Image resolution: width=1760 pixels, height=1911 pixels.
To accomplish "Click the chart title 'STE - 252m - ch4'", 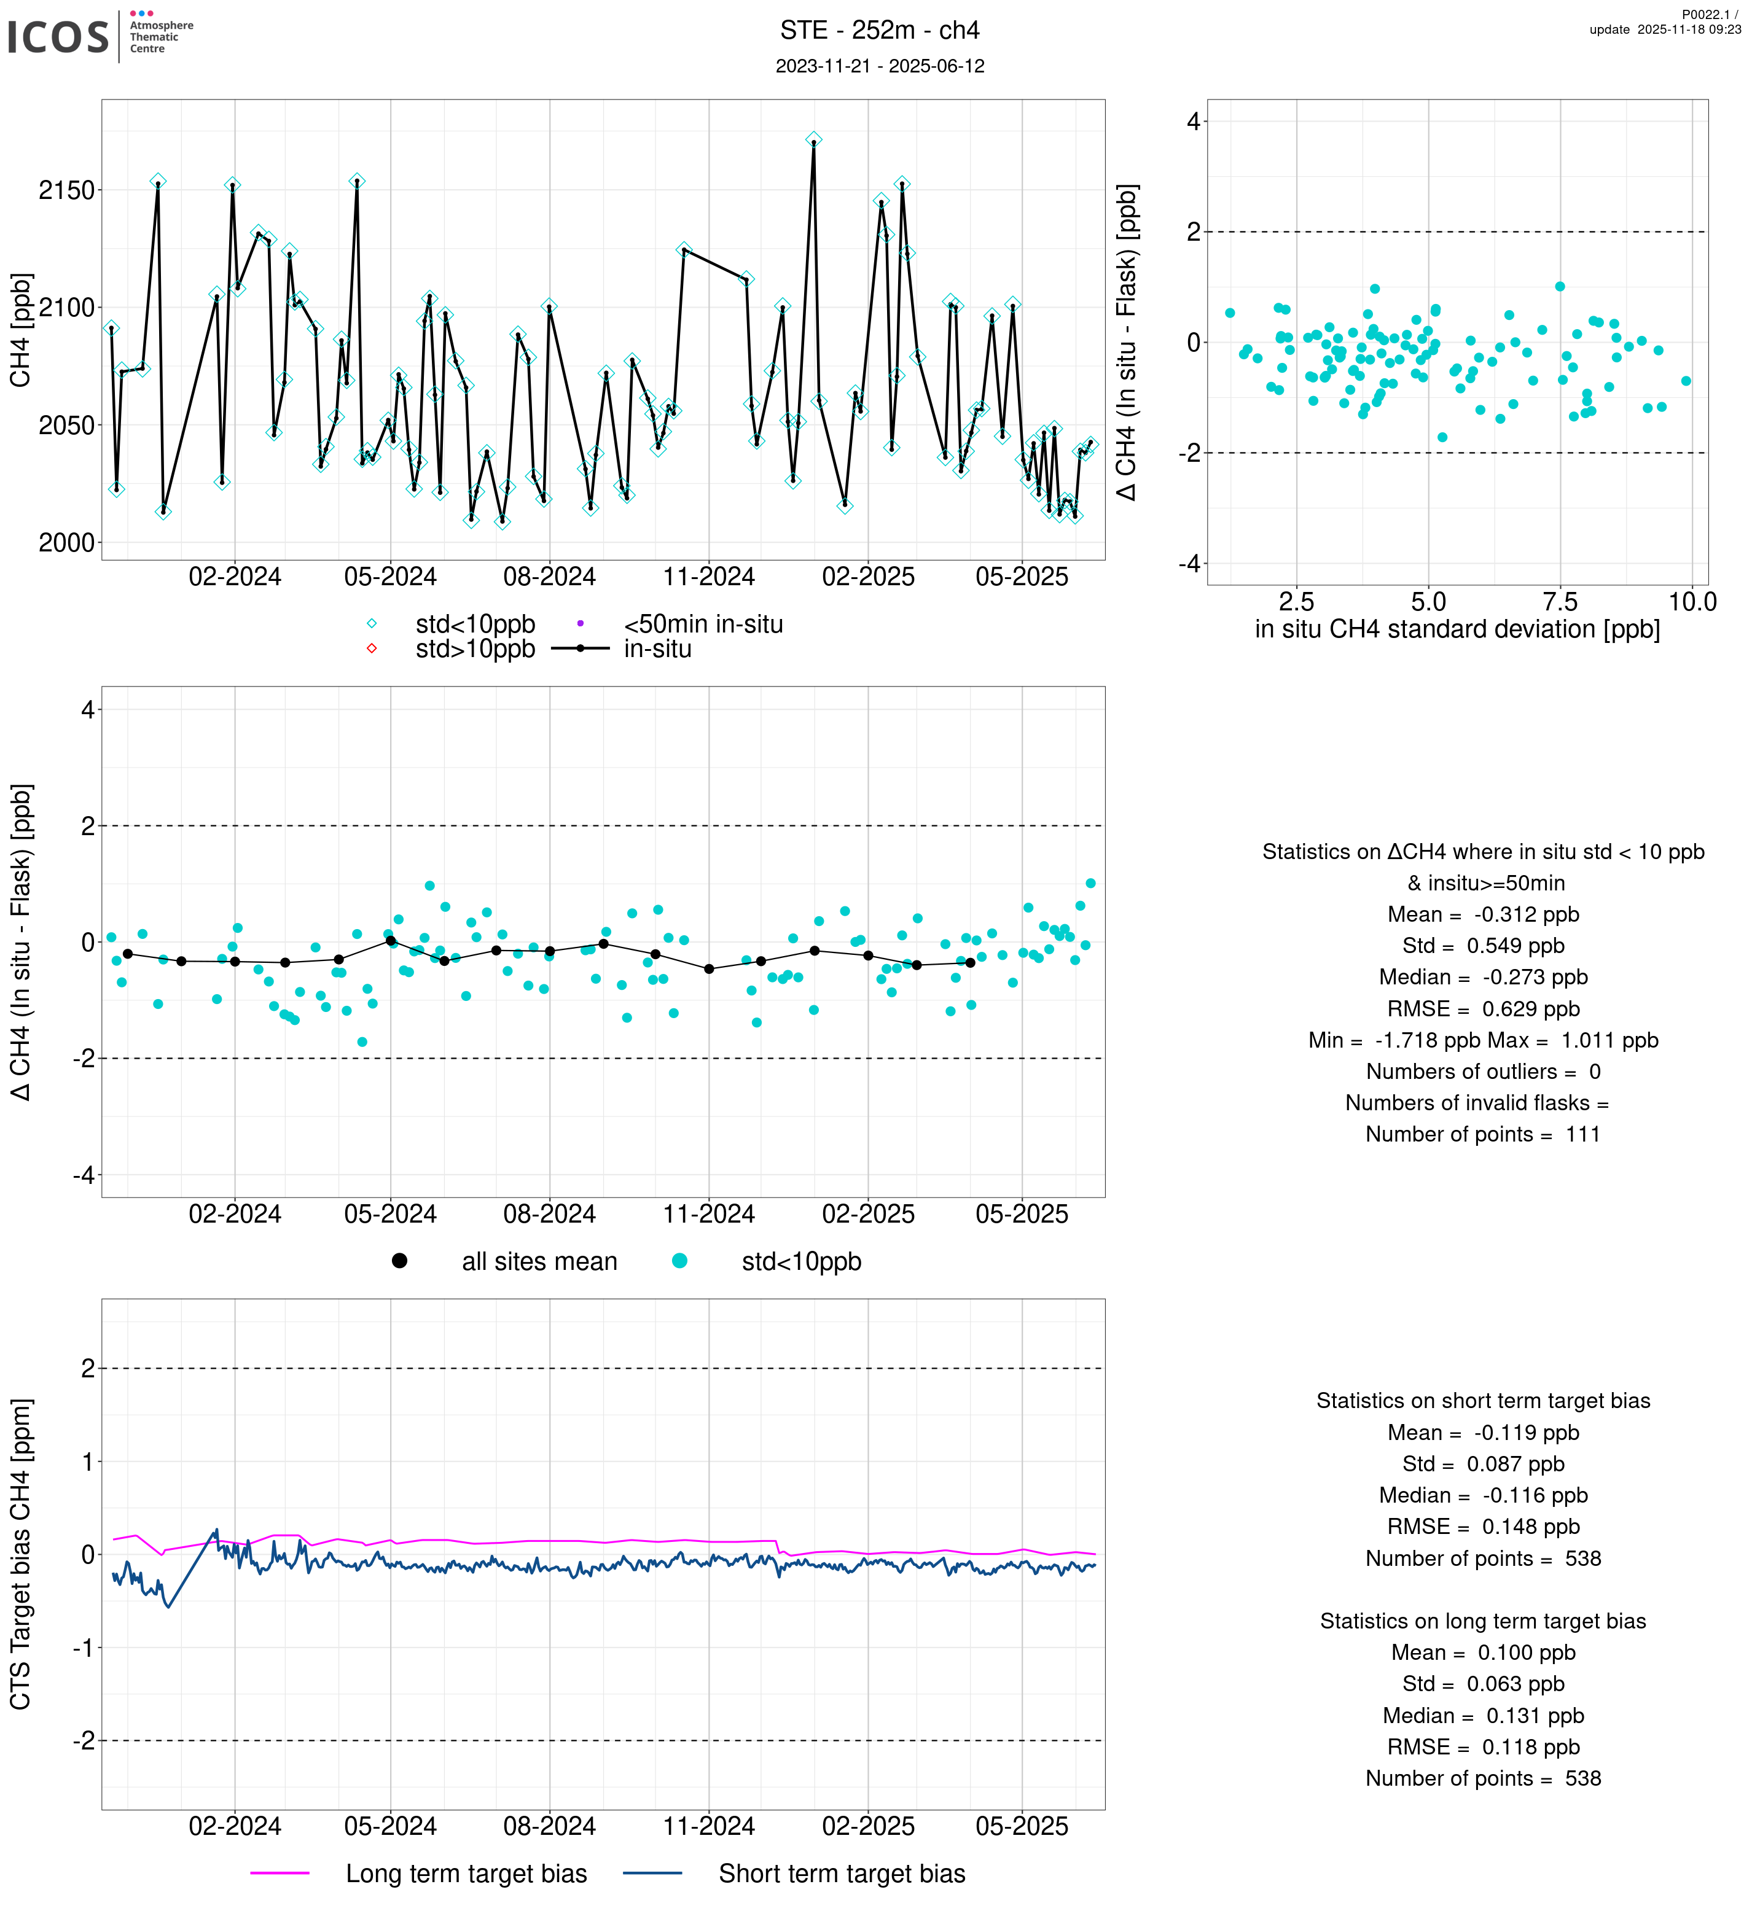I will pos(879,31).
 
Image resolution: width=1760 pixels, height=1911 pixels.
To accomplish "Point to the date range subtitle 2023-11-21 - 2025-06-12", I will pos(879,66).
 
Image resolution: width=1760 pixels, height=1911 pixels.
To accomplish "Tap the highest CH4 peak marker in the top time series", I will pos(813,140).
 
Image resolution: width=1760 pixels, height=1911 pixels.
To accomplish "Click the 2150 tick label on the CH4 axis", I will pos(67,190).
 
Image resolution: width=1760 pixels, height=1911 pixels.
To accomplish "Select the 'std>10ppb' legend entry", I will pos(474,649).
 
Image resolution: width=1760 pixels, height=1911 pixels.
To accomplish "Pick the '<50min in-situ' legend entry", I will pos(703,625).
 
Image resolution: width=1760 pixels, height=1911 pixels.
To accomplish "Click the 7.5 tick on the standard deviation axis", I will pos(1560,602).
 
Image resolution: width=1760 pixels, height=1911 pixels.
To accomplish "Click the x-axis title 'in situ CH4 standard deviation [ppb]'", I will pos(1457,629).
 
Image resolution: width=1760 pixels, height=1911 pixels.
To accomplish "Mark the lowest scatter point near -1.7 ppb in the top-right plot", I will pos(1442,437).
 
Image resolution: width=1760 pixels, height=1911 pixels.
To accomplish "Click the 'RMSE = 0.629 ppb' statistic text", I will pos(1483,1008).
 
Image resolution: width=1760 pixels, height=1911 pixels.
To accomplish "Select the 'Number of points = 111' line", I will pos(1483,1134).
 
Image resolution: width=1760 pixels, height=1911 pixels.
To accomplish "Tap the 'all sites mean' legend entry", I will pos(539,1262).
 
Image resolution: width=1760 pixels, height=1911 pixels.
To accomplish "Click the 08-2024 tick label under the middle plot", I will pos(550,1214).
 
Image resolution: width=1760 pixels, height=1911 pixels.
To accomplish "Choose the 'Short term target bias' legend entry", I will pos(842,1874).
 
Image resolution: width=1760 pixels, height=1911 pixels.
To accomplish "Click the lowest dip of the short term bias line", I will pos(168,1607).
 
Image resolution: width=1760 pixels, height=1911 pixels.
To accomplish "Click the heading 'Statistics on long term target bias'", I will pos(1483,1622).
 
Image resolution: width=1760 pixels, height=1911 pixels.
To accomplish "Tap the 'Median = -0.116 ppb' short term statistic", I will pos(1483,1496).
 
